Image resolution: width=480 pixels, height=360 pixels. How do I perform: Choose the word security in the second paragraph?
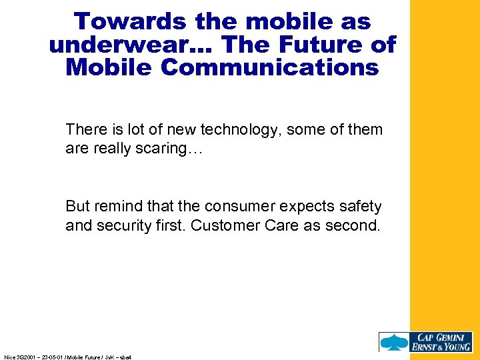(121, 226)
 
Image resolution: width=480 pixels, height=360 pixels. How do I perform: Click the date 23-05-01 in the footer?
(52, 357)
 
